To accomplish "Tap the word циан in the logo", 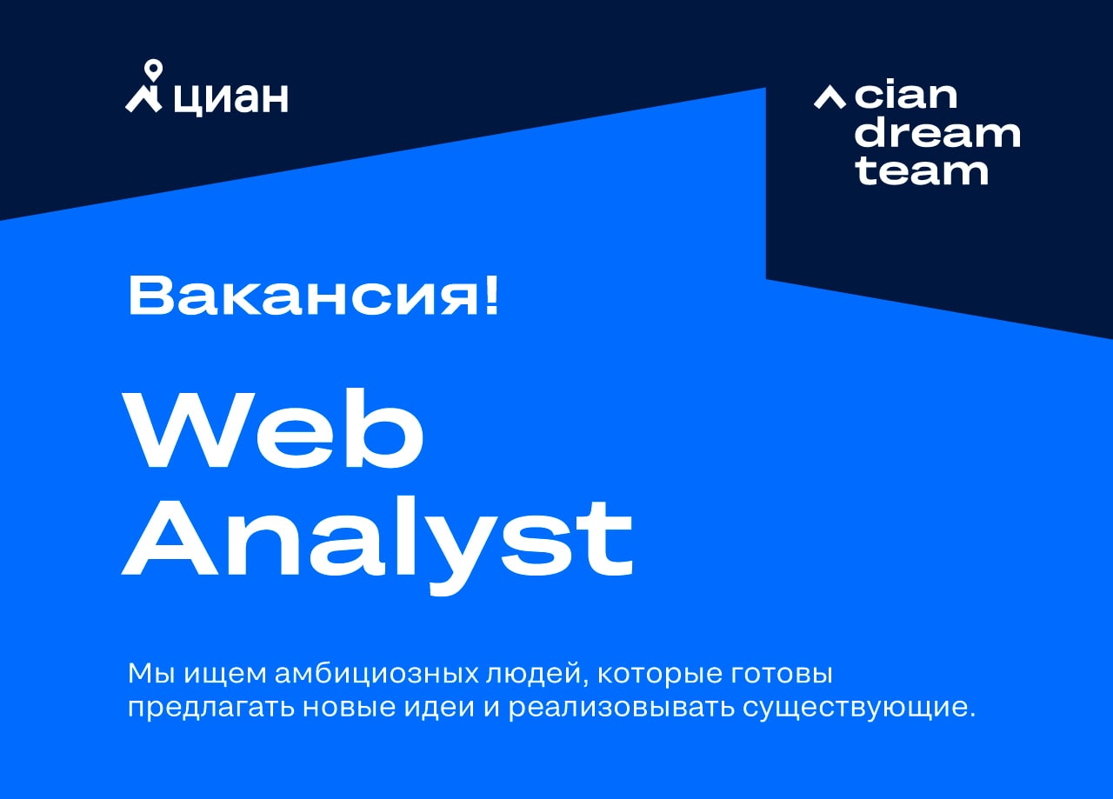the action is click(231, 99).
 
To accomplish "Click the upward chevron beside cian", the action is click(830, 97).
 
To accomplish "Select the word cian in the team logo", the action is click(906, 95).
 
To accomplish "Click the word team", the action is click(922, 171).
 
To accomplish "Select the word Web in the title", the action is click(273, 429).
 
